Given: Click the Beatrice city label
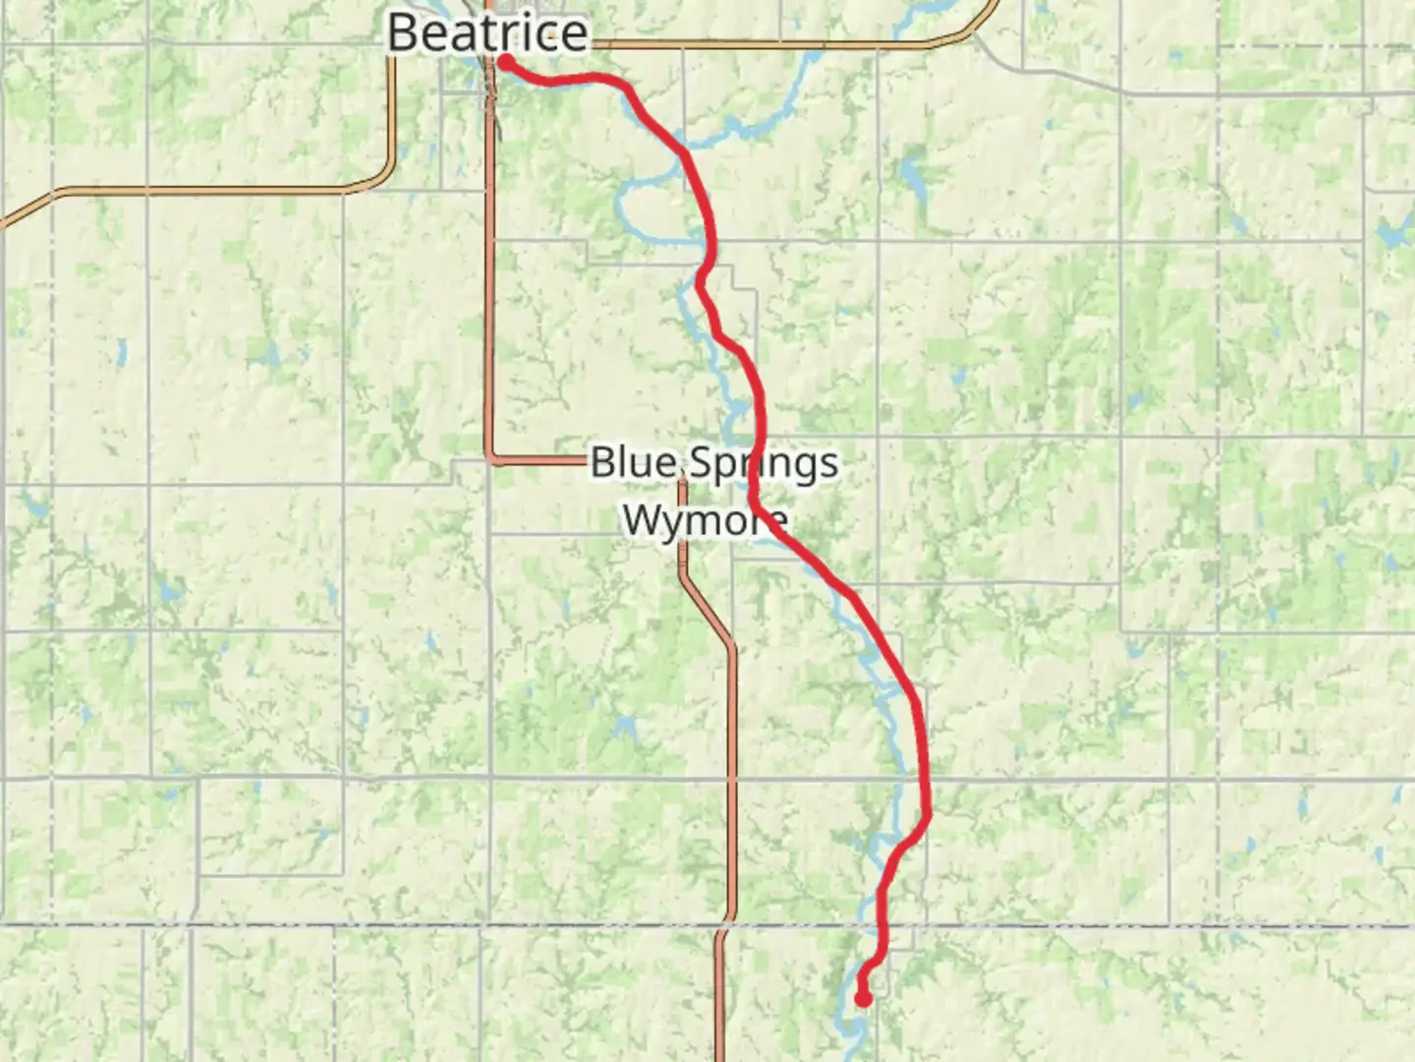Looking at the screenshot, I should tap(487, 32).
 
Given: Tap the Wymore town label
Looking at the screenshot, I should tap(705, 519).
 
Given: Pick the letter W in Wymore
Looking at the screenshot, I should tap(644, 519).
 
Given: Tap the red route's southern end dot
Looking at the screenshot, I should tap(863, 999).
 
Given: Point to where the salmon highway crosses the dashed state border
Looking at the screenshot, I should tap(723, 926).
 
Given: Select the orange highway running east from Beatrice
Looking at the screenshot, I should tap(786, 44).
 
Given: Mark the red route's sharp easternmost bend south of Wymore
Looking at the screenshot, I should tap(929, 811).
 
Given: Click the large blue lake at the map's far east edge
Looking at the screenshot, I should tap(1393, 234).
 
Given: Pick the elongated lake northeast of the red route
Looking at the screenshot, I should tap(910, 177).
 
